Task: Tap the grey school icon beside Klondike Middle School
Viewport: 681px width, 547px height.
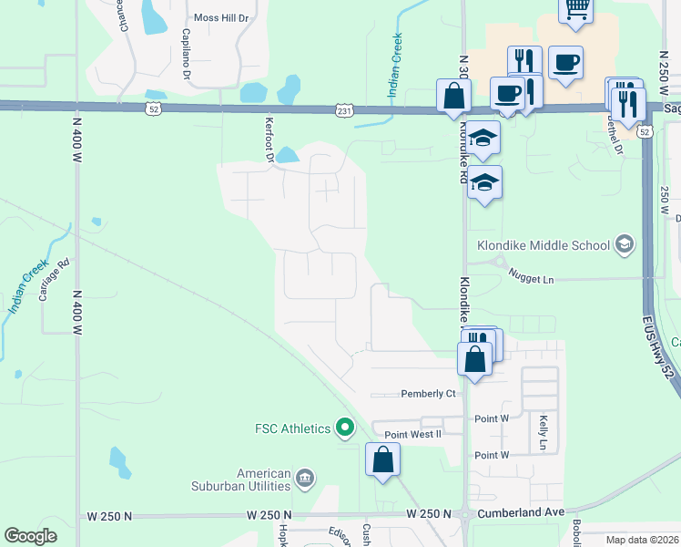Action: (x=625, y=243)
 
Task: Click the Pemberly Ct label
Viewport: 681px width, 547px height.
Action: (x=427, y=394)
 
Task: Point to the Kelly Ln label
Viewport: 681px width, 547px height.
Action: (x=543, y=431)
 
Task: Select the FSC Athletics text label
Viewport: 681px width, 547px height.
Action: (x=292, y=428)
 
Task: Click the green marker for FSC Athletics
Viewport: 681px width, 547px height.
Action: (x=344, y=427)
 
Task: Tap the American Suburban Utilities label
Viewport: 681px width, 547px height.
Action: (x=263, y=480)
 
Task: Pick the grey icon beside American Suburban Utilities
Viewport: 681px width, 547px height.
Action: (x=305, y=477)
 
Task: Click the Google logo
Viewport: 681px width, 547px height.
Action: (x=31, y=536)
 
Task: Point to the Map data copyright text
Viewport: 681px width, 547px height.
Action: (x=642, y=540)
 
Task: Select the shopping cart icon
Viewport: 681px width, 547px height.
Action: (x=575, y=8)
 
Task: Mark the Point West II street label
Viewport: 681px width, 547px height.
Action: (x=412, y=434)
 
